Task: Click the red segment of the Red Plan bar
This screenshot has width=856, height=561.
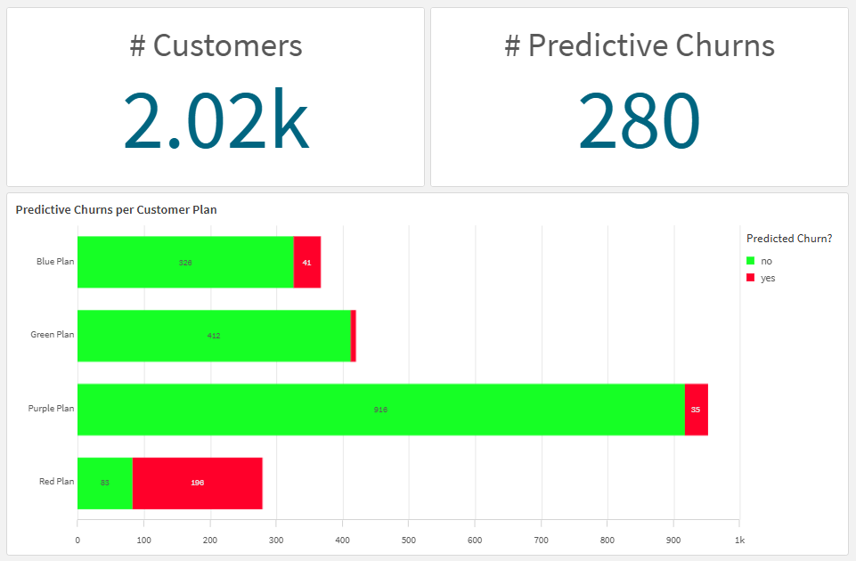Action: point(197,483)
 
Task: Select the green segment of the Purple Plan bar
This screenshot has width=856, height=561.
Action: point(380,410)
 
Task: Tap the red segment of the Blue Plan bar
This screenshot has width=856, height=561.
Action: point(306,263)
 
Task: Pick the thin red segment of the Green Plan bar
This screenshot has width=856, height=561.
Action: point(354,336)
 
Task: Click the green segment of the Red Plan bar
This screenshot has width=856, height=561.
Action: point(105,483)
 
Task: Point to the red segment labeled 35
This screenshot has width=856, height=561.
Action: point(696,410)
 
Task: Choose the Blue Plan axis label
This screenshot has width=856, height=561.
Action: point(55,262)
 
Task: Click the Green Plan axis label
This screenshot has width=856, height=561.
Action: point(53,335)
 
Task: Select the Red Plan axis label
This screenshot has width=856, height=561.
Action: point(56,482)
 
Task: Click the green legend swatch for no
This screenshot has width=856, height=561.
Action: point(751,261)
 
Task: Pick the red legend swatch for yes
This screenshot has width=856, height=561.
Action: point(751,278)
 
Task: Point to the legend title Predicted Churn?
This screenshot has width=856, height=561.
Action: point(788,238)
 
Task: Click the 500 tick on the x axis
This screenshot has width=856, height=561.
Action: point(409,540)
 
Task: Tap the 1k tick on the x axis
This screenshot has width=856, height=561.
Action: point(739,540)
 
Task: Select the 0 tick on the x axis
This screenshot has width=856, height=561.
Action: point(77,540)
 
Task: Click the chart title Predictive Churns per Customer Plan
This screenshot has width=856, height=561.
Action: point(116,210)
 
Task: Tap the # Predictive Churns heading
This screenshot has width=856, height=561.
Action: point(639,45)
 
